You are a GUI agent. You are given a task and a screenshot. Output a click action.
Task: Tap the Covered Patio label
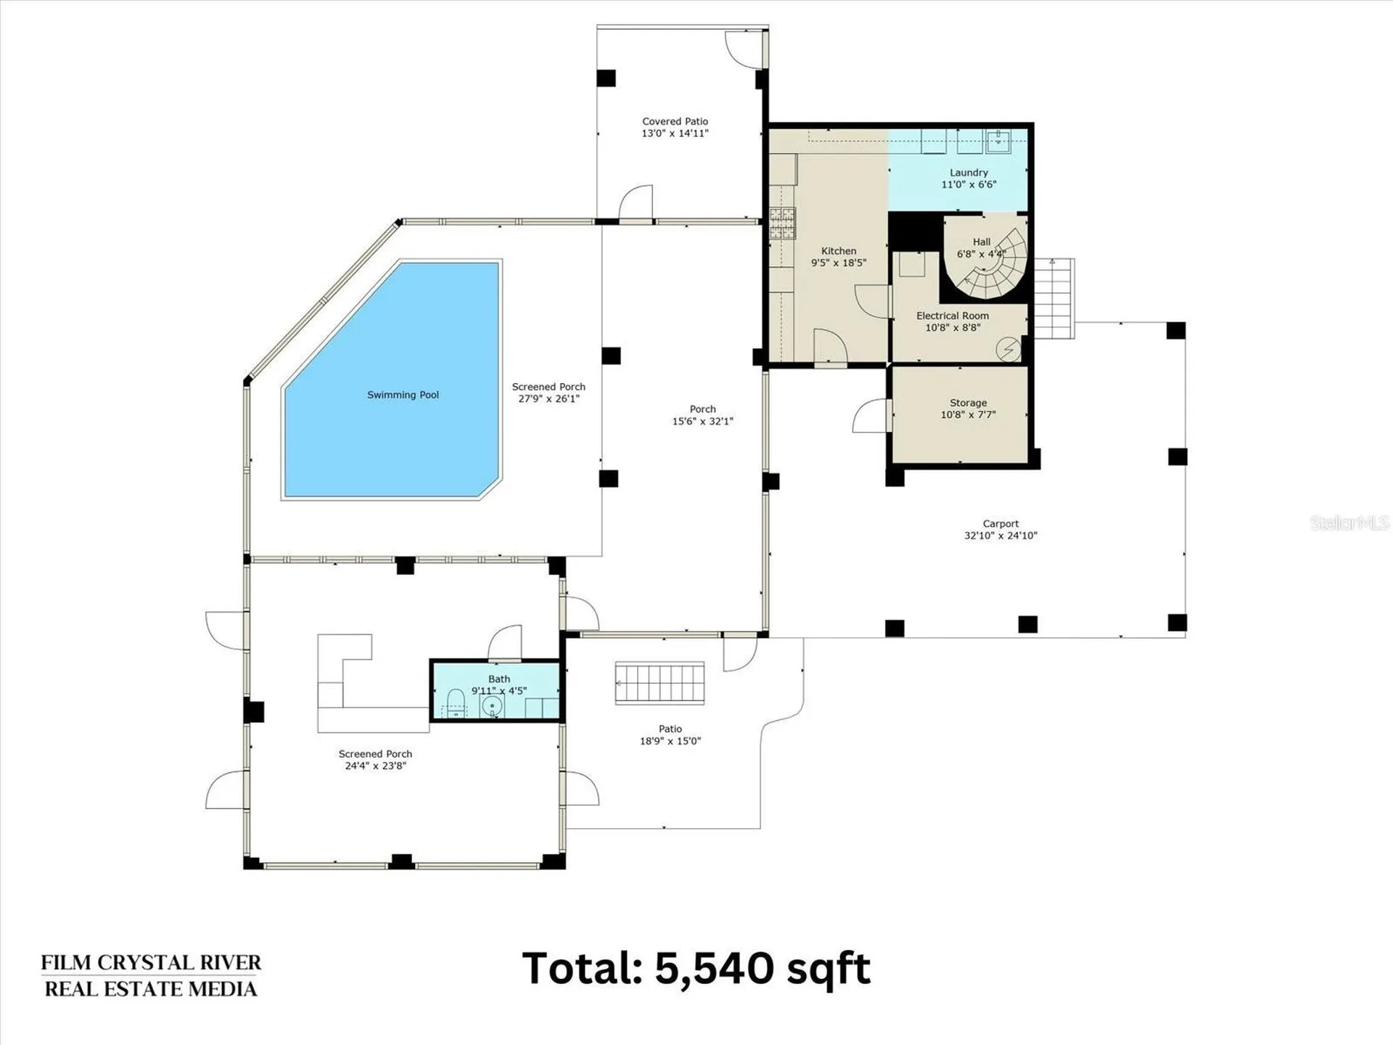(675, 121)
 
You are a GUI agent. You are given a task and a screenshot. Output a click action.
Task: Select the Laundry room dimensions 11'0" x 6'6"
(969, 184)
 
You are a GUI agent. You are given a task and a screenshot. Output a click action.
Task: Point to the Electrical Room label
(952, 316)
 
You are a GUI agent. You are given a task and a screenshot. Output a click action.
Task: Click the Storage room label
(968, 403)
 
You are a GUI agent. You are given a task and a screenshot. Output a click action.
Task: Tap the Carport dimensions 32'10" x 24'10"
(1000, 536)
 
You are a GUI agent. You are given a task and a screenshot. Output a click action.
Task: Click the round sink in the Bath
(492, 706)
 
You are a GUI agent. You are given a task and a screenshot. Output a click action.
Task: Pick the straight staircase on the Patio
(659, 683)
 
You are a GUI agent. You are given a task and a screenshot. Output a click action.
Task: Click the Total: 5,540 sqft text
(696, 968)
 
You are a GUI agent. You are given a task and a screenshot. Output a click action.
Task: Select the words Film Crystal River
(151, 962)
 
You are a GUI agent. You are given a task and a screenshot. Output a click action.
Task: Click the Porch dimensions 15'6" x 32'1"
(702, 421)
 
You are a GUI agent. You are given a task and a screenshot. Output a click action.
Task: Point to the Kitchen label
(839, 250)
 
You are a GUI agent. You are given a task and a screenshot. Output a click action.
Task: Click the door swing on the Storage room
(871, 416)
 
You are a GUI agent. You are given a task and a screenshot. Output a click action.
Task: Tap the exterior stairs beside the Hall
(1053, 298)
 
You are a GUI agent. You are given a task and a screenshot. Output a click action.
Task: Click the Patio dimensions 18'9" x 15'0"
(670, 741)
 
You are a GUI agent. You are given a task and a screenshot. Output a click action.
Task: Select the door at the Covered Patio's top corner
(744, 47)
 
